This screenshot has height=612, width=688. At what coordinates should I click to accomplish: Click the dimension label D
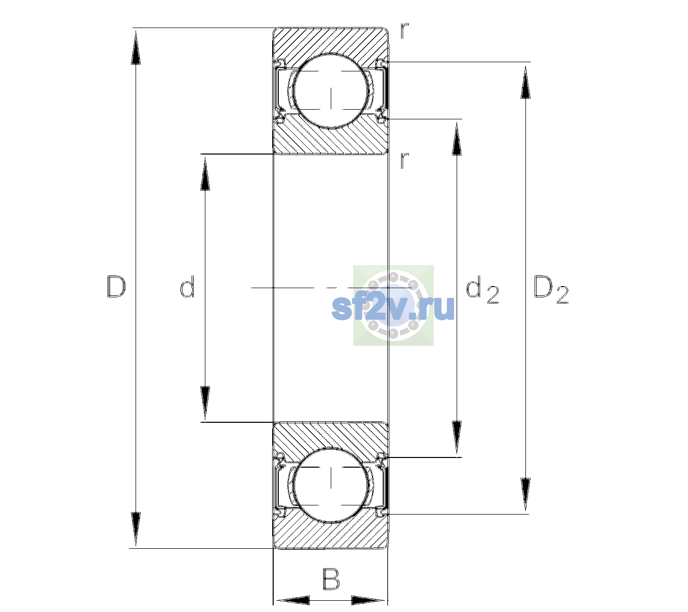[116, 287]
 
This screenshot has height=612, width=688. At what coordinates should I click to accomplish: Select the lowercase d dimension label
[187, 286]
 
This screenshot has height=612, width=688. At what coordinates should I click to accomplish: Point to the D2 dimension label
[551, 289]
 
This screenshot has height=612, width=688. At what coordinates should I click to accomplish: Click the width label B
[331, 579]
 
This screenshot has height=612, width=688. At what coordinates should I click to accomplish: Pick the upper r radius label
[405, 31]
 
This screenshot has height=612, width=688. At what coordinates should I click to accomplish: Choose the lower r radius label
[405, 161]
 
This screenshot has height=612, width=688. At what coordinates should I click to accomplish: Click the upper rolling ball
[331, 91]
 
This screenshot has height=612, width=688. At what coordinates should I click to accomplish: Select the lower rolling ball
[331, 485]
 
